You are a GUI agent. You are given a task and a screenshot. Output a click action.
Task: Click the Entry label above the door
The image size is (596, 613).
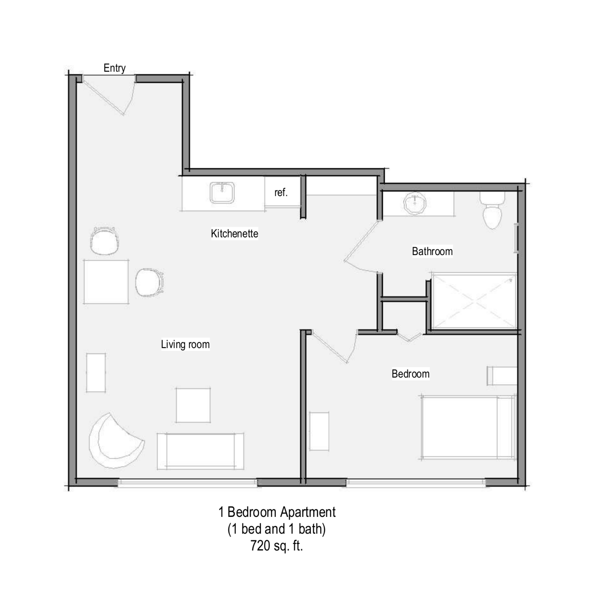point(114,68)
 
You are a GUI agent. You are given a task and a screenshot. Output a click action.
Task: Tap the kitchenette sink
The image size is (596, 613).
point(222,192)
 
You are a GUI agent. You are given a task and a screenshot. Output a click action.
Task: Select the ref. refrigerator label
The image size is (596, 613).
point(281,192)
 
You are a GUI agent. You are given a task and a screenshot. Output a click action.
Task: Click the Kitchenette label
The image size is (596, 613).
point(234,233)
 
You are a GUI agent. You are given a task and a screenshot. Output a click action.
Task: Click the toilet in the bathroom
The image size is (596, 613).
point(492,210)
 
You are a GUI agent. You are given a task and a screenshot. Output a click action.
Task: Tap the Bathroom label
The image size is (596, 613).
point(432,251)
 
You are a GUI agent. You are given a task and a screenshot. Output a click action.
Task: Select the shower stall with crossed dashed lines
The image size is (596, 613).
point(474,300)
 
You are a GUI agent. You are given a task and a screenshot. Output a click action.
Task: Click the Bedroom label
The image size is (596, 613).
point(410,374)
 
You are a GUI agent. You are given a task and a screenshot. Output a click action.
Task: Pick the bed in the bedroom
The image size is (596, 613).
point(468,427)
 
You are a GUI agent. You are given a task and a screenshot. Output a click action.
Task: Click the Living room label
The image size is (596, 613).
point(185,344)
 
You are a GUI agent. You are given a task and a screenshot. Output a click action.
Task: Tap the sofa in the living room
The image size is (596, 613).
point(200,451)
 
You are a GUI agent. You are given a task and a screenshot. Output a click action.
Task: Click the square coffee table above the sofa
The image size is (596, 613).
point(193,405)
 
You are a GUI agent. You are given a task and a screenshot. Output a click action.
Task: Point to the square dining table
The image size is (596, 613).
point(106,282)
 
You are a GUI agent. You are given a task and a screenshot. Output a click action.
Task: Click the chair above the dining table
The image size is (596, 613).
point(104,241)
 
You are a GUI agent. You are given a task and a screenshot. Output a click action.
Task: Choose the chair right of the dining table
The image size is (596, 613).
point(149,282)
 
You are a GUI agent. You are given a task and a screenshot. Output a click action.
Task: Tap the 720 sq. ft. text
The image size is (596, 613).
point(277,545)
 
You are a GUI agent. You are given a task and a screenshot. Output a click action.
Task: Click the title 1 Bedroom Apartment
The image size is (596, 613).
point(277,512)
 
